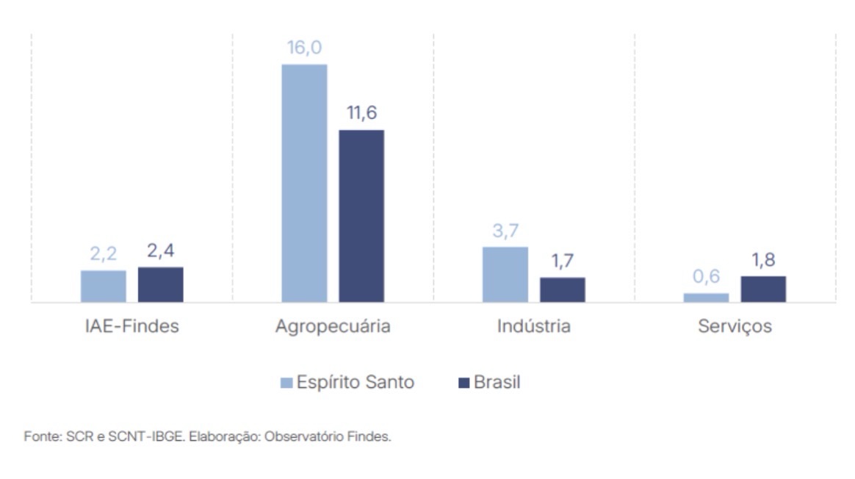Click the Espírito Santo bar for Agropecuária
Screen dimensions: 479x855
click(x=304, y=183)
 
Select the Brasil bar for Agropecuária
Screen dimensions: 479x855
click(x=361, y=216)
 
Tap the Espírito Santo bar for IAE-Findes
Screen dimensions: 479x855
click(x=104, y=286)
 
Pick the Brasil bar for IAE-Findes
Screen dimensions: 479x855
click(x=161, y=284)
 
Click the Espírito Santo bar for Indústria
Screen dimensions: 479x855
click(x=505, y=274)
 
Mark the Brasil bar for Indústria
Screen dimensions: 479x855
click(x=563, y=289)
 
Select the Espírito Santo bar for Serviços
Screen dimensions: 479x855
click(x=706, y=298)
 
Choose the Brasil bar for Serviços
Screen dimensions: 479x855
click(x=763, y=289)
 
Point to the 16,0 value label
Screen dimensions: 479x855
click(x=305, y=48)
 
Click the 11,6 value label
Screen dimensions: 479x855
click(x=361, y=115)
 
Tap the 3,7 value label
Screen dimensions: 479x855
click(x=505, y=231)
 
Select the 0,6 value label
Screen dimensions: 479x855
click(x=706, y=277)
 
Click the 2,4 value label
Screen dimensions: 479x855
click(x=161, y=252)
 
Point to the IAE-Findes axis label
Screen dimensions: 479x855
click(x=132, y=326)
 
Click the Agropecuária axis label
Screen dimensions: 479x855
click(x=333, y=326)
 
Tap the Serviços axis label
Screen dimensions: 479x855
click(x=735, y=326)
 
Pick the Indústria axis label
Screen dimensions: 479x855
click(x=534, y=326)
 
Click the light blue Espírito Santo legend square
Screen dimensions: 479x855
click(x=286, y=383)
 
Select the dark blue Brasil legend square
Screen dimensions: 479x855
click(x=463, y=383)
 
